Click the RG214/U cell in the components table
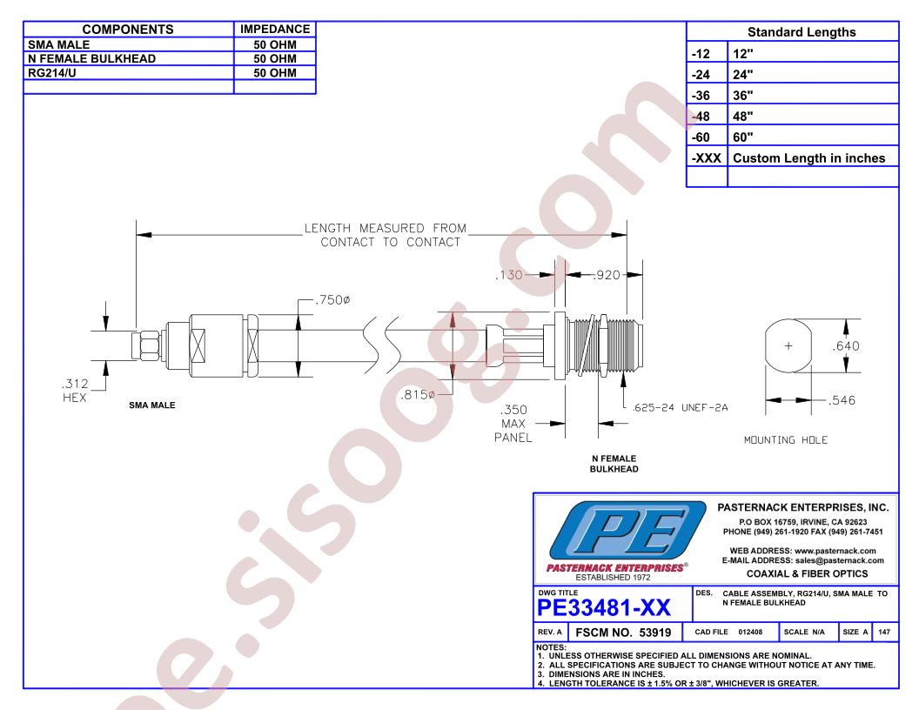[52, 72]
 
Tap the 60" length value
[742, 137]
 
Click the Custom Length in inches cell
[808, 158]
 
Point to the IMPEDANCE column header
[275, 29]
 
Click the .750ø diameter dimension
[332, 300]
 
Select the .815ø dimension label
[418, 395]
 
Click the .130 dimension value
[509, 275]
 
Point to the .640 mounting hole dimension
[846, 346]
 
